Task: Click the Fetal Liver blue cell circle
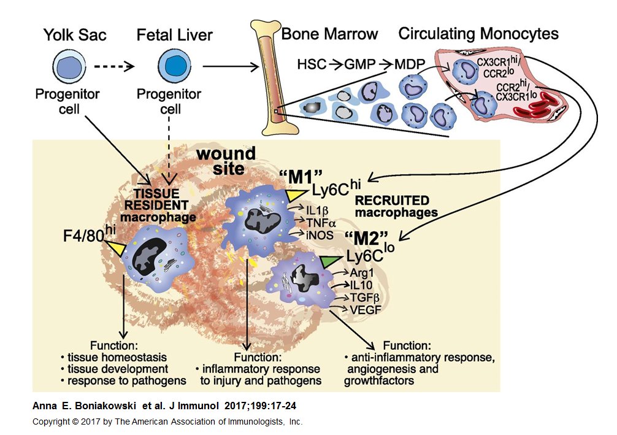169,65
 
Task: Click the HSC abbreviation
311,64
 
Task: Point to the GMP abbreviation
356,64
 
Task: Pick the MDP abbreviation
407,64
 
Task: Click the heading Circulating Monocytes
478,34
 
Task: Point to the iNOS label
313,234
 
